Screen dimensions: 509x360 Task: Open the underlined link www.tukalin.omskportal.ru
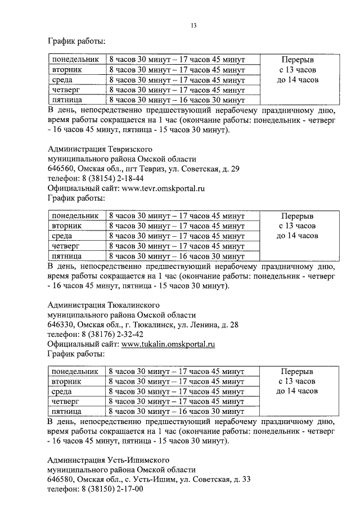(168, 344)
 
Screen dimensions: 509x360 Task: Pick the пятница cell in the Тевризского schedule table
(66, 256)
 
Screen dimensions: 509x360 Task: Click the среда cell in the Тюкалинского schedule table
(62, 391)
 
